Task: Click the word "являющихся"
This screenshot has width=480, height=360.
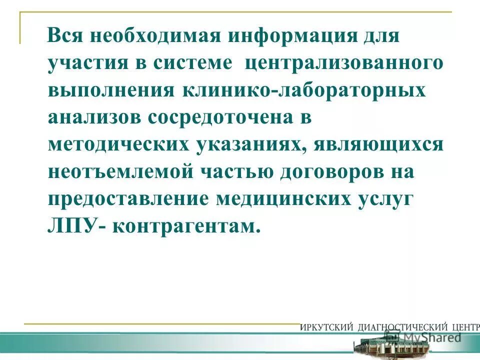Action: [x=380, y=145]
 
